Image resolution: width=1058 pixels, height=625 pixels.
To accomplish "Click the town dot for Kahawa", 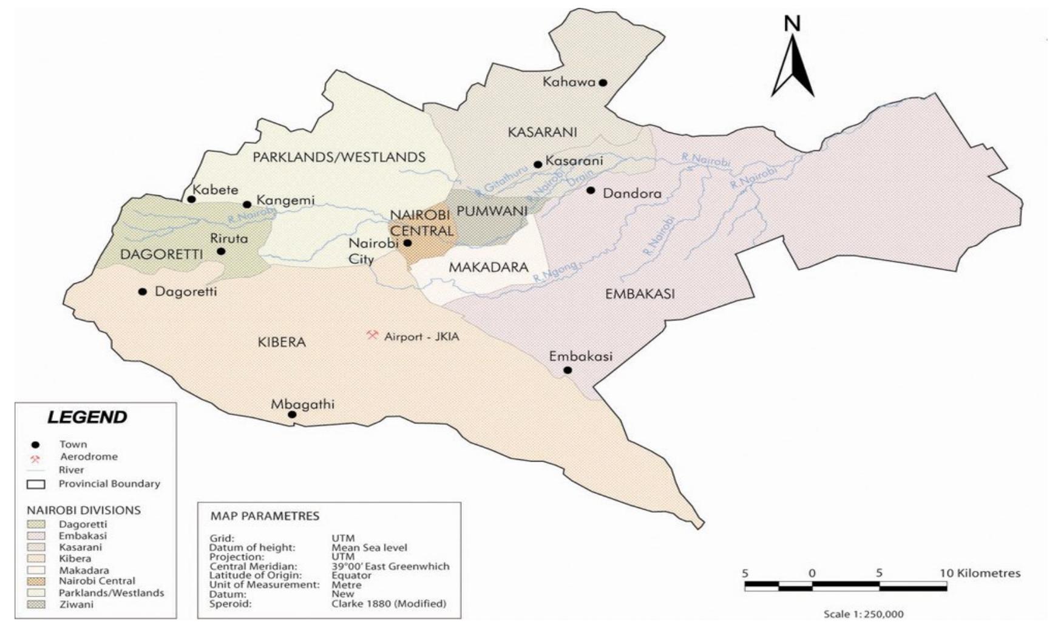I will pos(603,83).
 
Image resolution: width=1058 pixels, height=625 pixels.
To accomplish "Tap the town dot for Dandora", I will pos(591,191).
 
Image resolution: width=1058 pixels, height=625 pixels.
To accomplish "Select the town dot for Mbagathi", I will pos(292,415).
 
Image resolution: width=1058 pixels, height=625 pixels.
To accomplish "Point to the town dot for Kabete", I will pos(191,199).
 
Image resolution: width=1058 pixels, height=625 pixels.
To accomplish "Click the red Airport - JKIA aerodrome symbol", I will pos(372,335).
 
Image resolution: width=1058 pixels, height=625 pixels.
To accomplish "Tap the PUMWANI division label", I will pos(492,211).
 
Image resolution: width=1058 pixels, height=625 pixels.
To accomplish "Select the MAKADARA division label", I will pos(488,268).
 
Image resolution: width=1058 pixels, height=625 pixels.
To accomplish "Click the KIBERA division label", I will pos(281,342).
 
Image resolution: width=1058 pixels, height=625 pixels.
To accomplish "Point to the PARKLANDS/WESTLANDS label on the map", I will pos(339,157).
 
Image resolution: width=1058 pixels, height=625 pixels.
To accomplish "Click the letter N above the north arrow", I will pos(792,24).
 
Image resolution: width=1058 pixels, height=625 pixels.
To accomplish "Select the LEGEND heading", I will pos(87,417).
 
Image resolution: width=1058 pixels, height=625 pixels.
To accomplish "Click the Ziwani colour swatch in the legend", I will pos(36,604).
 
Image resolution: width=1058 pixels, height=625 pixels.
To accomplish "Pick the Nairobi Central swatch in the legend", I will pos(36,581).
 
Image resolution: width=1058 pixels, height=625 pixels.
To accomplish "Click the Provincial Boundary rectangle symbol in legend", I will pos(36,485).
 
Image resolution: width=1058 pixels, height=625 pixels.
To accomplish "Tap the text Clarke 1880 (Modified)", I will pos(388,604).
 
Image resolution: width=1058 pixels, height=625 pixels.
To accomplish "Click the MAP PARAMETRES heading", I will pos(265,516).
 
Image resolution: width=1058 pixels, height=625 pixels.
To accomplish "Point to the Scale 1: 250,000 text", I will pos(863,614).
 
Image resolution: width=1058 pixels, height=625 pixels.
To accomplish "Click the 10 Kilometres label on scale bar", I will pos(980,573).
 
